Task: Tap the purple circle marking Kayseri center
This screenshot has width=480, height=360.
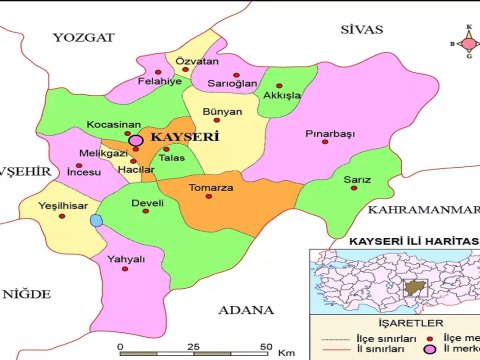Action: (x=135, y=142)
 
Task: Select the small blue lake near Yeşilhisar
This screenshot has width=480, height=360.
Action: (x=96, y=220)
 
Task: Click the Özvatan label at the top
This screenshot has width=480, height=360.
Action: (x=196, y=63)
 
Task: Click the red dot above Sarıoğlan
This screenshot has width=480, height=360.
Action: (x=237, y=75)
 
